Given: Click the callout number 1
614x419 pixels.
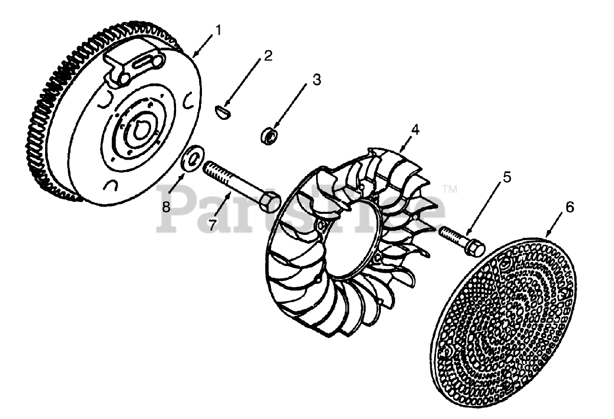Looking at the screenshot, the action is pyautogui.click(x=218, y=30).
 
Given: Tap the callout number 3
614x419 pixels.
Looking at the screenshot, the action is pyautogui.click(x=316, y=80).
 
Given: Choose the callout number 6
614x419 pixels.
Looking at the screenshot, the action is pyautogui.click(x=569, y=207).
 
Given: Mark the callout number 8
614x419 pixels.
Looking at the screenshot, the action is pyautogui.click(x=166, y=207).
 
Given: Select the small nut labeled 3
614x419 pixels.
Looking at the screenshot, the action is pyautogui.click(x=270, y=135).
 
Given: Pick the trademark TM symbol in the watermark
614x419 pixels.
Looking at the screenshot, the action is pyautogui.click(x=449, y=190).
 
